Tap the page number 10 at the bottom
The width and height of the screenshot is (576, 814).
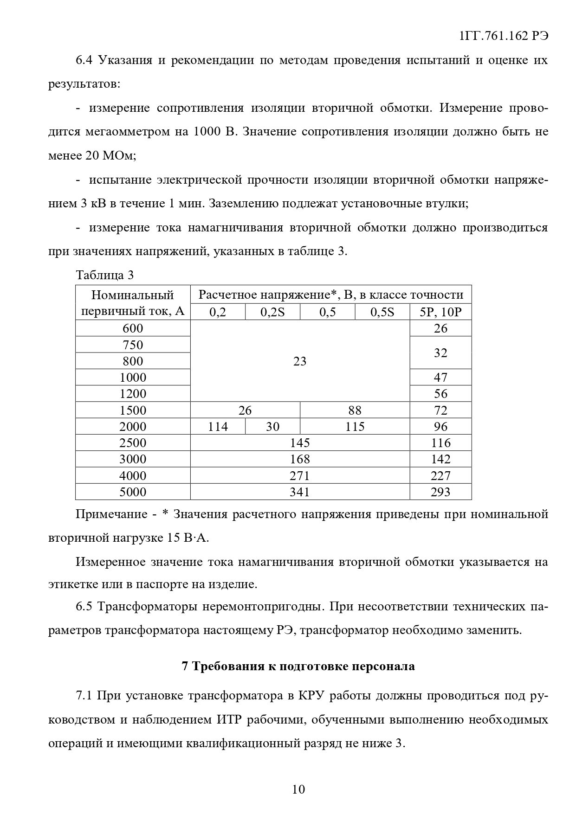click(298, 789)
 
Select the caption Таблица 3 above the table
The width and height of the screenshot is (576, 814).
click(104, 275)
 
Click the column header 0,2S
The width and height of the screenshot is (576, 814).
click(272, 312)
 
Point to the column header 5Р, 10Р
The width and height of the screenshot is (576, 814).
click(440, 312)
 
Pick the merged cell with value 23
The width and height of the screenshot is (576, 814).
click(300, 361)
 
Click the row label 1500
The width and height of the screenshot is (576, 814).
click(133, 410)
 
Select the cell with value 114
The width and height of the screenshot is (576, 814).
click(218, 426)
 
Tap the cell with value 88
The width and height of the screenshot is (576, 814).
click(355, 410)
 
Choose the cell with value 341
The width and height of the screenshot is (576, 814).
click(300, 492)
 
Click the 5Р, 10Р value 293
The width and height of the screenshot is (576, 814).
click(440, 492)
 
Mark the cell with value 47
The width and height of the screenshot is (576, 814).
click(440, 377)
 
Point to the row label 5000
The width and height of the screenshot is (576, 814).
click(133, 492)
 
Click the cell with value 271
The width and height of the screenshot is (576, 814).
click(300, 475)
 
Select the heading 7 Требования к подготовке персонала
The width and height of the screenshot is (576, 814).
click(298, 667)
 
